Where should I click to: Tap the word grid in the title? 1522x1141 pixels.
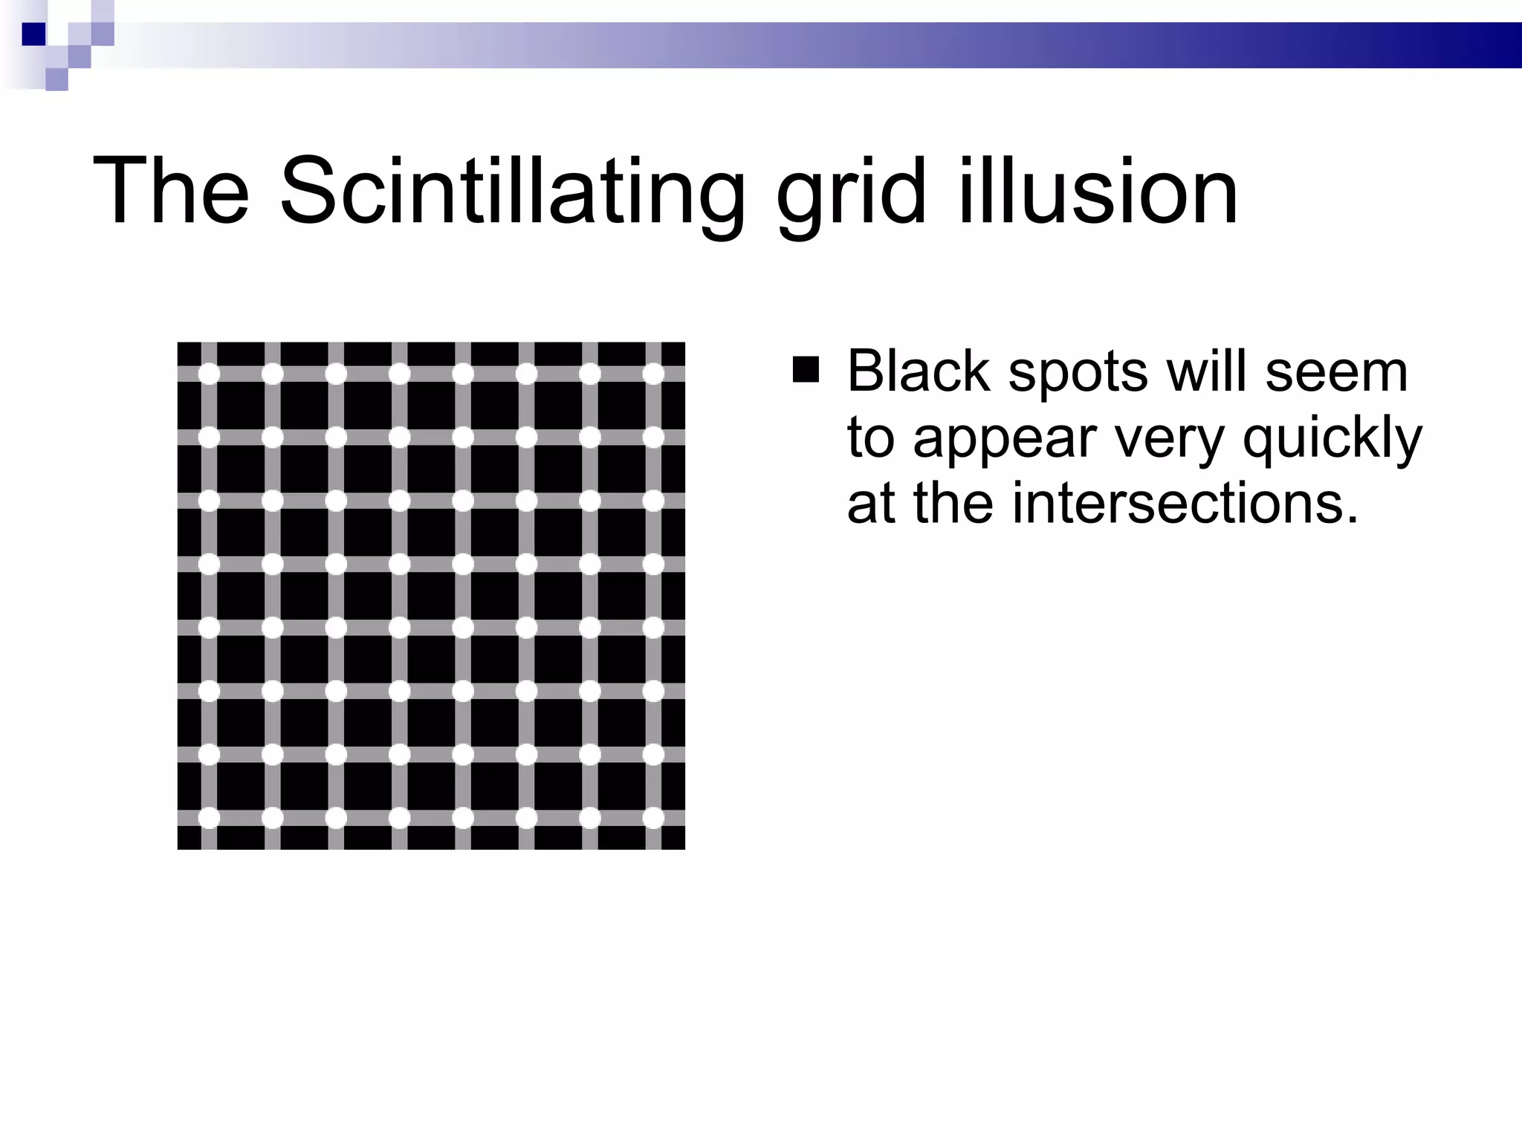(x=852, y=192)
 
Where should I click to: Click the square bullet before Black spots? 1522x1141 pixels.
(x=806, y=370)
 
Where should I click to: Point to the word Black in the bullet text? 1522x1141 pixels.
(x=919, y=371)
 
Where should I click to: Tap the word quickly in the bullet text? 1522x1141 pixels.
(x=1332, y=439)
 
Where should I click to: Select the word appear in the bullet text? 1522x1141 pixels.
(x=1004, y=439)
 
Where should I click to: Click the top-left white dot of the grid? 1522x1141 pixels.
(x=210, y=374)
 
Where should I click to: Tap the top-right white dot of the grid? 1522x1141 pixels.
(x=653, y=374)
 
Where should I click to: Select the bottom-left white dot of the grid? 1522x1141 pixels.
(x=210, y=818)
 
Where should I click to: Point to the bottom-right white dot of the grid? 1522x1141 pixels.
(x=653, y=818)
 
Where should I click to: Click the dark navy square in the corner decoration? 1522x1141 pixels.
(x=33, y=34)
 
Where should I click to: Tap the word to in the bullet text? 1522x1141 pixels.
(x=871, y=439)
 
